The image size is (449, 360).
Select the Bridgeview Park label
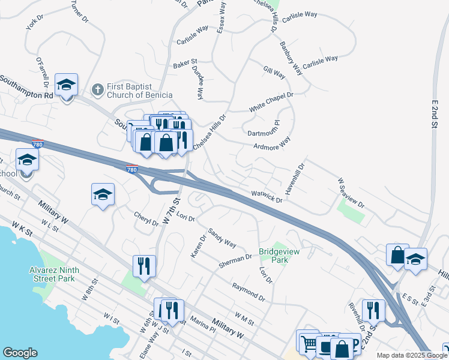click(274, 256)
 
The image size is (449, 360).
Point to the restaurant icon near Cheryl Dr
click(144, 266)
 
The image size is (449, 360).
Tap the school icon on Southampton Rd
click(66, 84)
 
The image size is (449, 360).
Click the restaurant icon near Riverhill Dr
click(373, 310)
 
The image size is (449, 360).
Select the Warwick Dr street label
click(267, 197)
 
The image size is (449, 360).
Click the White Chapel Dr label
click(271, 103)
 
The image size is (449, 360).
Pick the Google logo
click(20, 353)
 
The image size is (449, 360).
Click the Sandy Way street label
click(222, 237)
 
